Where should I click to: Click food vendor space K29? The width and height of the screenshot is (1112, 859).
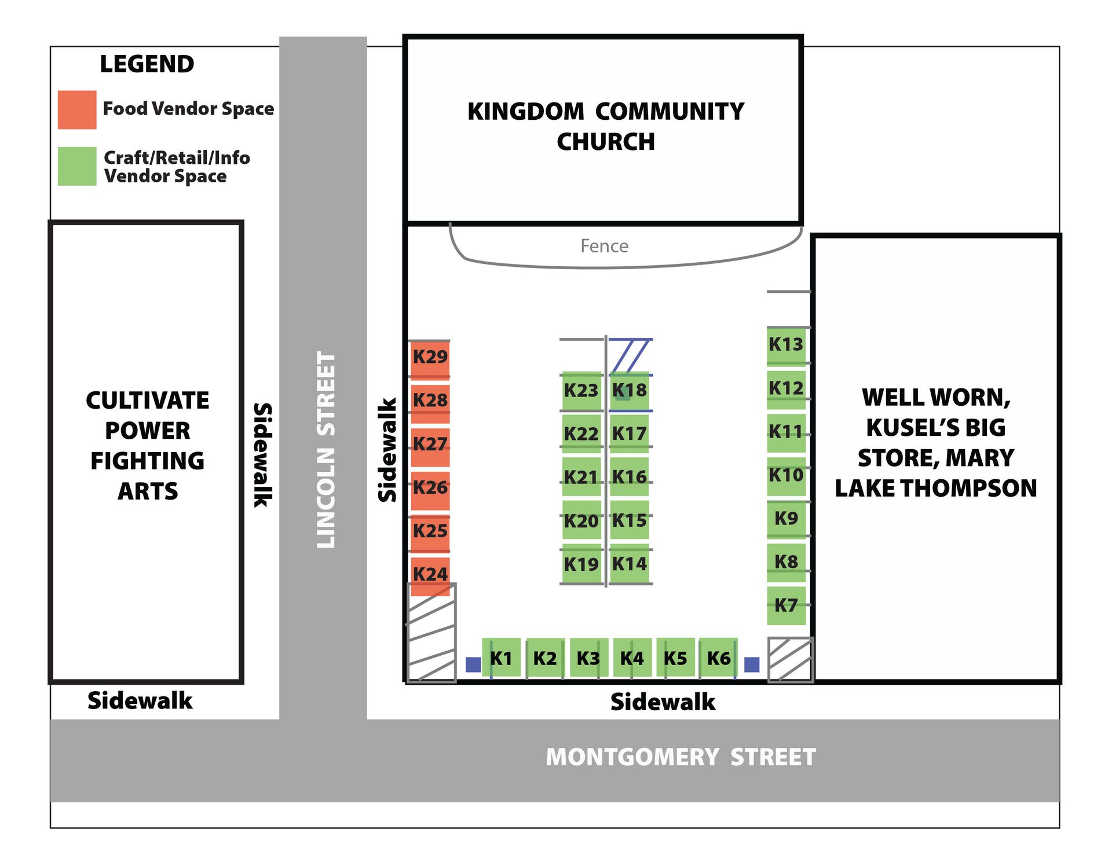(430, 358)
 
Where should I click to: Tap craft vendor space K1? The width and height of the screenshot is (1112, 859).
(501, 658)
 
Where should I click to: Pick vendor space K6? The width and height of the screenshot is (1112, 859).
(718, 658)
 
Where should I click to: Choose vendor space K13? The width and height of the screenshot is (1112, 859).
(786, 345)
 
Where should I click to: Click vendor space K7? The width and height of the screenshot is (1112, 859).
(786, 605)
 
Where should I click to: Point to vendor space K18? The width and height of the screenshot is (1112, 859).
(629, 390)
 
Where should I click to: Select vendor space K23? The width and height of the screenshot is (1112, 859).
(581, 390)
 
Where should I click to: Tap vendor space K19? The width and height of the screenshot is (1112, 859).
(581, 564)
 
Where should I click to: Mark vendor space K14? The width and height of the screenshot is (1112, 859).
(629, 564)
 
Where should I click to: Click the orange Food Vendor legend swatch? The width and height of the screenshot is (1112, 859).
(77, 109)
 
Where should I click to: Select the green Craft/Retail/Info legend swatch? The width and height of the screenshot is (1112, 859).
(77, 166)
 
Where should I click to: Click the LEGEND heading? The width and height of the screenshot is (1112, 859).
(147, 64)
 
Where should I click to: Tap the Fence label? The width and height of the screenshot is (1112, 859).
(604, 246)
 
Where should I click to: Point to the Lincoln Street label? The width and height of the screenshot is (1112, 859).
(326, 449)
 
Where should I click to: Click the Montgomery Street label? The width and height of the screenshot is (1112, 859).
(681, 757)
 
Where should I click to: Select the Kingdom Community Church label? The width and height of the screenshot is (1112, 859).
(605, 126)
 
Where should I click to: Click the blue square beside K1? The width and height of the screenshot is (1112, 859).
(473, 665)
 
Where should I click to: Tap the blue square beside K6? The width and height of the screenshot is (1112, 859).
(751, 665)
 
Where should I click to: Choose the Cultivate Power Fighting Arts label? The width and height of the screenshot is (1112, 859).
(147, 446)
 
